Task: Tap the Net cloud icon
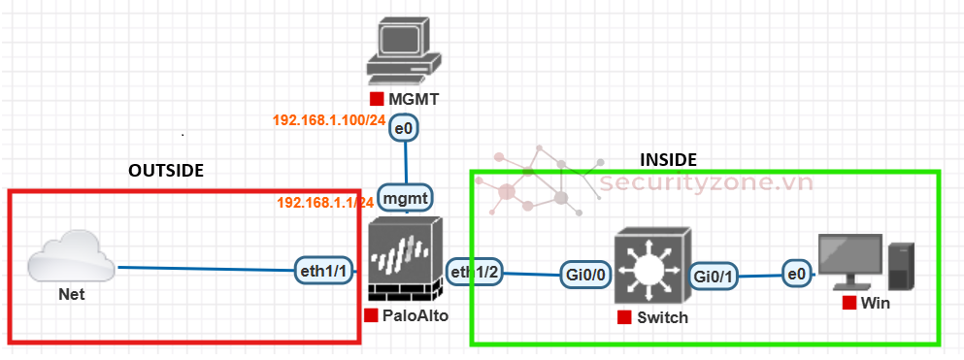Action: (67, 258)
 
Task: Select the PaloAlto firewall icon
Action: (405, 259)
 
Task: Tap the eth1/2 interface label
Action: (476, 273)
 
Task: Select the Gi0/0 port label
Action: (585, 276)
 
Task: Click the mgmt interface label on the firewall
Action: (405, 199)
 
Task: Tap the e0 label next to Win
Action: (797, 276)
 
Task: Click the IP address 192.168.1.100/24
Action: (328, 120)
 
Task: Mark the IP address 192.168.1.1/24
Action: (324, 202)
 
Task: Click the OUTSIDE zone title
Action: (166, 170)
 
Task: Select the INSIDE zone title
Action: (668, 159)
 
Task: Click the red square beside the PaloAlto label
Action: (370, 315)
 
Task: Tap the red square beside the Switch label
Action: (622, 318)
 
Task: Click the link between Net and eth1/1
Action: (204, 269)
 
